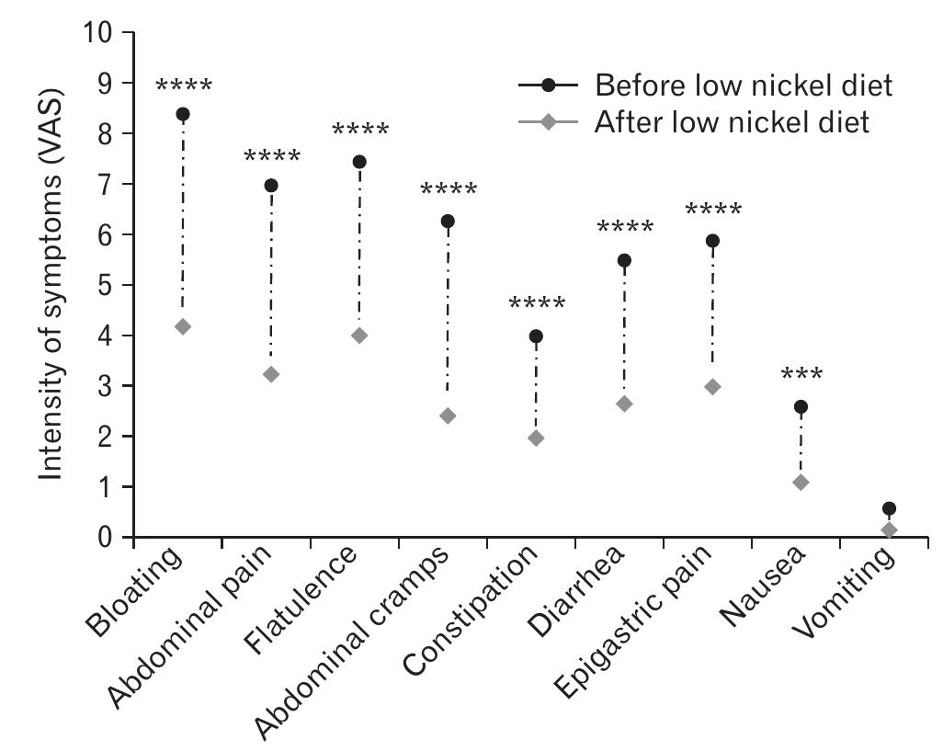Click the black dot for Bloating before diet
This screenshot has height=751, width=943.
pyautogui.click(x=183, y=114)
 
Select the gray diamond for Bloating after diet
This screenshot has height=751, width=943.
pyautogui.click(x=183, y=326)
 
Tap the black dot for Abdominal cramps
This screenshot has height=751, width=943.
pyautogui.click(x=448, y=221)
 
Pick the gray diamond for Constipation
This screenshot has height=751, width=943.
pyautogui.click(x=536, y=438)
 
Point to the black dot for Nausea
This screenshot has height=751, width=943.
pyautogui.click(x=801, y=406)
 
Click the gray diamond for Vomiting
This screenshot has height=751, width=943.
pyautogui.click(x=889, y=529)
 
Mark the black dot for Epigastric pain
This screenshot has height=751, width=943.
pyautogui.click(x=712, y=241)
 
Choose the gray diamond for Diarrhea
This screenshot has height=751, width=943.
pyautogui.click(x=624, y=404)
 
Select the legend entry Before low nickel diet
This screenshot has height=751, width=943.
pyautogui.click(x=744, y=86)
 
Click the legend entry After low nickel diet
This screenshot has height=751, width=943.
pyautogui.click(x=732, y=121)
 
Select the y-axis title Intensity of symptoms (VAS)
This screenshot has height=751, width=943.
pyautogui.click(x=52, y=285)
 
